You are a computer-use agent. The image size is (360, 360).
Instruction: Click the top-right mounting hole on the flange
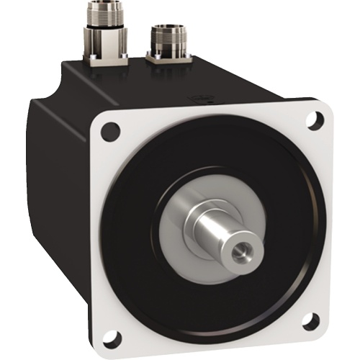pos(313,120)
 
